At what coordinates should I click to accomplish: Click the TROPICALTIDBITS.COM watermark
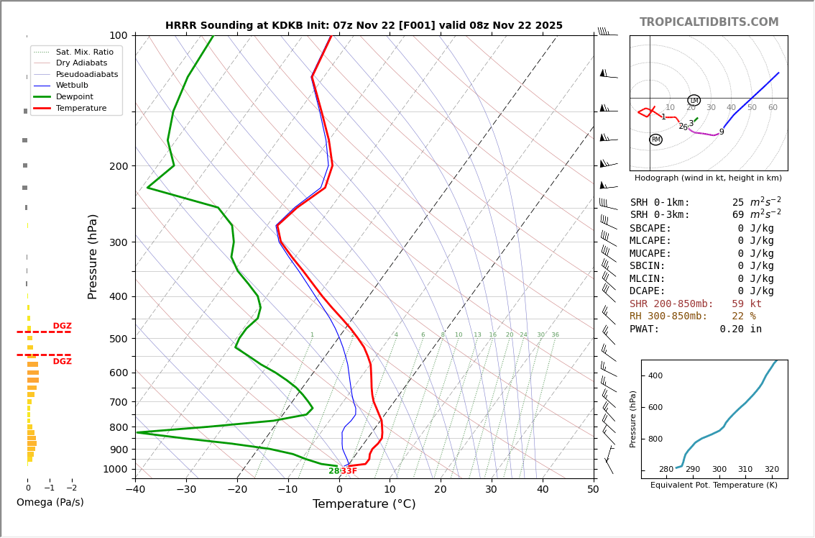[709, 22]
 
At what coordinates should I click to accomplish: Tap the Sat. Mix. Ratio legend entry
[84, 52]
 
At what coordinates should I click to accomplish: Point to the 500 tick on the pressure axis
[119, 339]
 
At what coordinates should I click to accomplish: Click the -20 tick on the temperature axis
[237, 490]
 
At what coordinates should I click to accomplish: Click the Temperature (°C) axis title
[364, 504]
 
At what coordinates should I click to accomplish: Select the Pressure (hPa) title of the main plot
[93, 256]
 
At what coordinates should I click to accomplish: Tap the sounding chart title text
[364, 26]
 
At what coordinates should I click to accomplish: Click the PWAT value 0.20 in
[740, 329]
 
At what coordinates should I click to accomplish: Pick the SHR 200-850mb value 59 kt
[746, 304]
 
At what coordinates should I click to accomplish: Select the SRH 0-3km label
[659, 215]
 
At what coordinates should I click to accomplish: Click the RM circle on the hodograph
[655, 140]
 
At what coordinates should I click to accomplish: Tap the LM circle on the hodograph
[694, 101]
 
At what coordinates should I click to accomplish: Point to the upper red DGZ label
[63, 327]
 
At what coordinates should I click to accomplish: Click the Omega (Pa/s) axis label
[50, 503]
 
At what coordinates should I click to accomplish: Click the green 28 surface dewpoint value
[333, 471]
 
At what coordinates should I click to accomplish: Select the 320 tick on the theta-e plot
[771, 470]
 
